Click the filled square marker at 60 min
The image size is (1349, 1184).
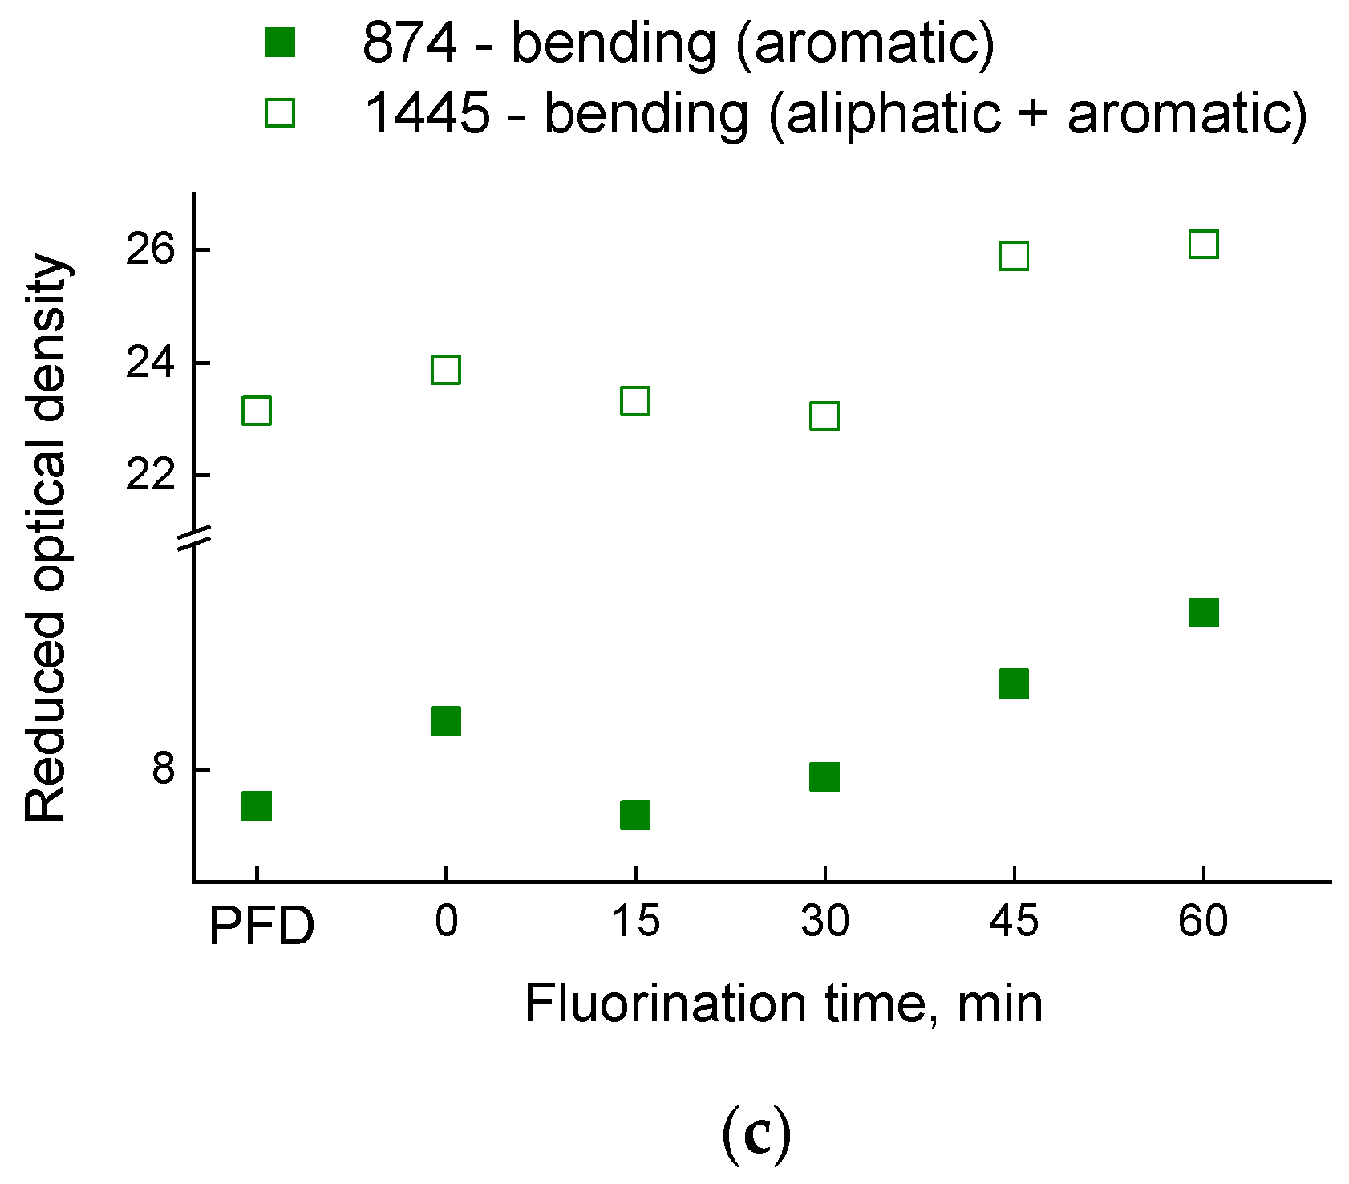pyautogui.click(x=1203, y=612)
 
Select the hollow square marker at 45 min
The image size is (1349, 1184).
pyautogui.click(x=1014, y=256)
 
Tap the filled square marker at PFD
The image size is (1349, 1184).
pyautogui.click(x=256, y=805)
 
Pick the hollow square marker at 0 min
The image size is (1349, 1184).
pyautogui.click(x=445, y=370)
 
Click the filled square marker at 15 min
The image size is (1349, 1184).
pyautogui.click(x=634, y=815)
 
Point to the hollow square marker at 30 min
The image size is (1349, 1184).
pyautogui.click(x=824, y=416)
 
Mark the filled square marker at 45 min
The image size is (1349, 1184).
pyautogui.click(x=1014, y=683)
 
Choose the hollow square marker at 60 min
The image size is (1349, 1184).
pyautogui.click(x=1203, y=244)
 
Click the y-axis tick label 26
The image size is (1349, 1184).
pyautogui.click(x=150, y=250)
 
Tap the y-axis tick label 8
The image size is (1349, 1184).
pyautogui.click(x=163, y=768)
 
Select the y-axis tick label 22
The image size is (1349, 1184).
pyautogui.click(x=150, y=475)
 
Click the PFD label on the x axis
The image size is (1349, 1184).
pyautogui.click(x=261, y=927)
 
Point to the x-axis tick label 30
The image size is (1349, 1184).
pyautogui.click(x=824, y=921)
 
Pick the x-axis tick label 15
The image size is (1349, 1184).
pyautogui.click(x=634, y=921)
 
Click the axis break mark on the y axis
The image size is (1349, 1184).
pyautogui.click(x=193, y=539)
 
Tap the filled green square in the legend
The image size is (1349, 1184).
pyautogui.click(x=280, y=42)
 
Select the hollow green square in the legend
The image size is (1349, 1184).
pyautogui.click(x=280, y=112)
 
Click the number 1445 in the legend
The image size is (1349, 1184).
pyautogui.click(x=426, y=112)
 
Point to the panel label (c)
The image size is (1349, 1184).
pyautogui.click(x=756, y=1133)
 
